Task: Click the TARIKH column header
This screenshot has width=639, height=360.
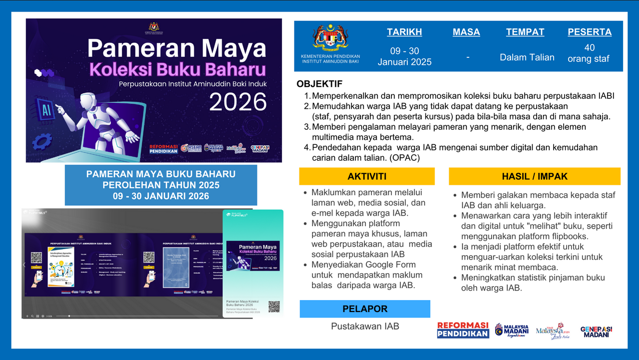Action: click(404, 32)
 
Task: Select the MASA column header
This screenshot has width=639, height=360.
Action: click(466, 32)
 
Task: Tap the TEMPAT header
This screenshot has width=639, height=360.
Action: click(525, 32)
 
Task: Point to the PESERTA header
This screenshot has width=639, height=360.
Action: click(589, 32)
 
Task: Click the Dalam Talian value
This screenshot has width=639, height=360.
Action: click(527, 57)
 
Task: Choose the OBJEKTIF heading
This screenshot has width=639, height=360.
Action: click(319, 84)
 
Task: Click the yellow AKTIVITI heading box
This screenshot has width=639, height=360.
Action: click(367, 176)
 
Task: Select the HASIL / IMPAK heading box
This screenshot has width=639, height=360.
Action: click(534, 176)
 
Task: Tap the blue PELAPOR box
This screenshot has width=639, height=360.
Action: click(364, 309)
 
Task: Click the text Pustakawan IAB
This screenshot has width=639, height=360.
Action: click(365, 327)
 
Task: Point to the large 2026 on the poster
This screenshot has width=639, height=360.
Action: click(238, 102)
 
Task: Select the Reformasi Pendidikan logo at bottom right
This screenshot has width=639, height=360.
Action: click(463, 330)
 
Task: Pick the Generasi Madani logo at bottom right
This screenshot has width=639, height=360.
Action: click(596, 332)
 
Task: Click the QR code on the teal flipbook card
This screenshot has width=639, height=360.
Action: click(274, 307)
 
